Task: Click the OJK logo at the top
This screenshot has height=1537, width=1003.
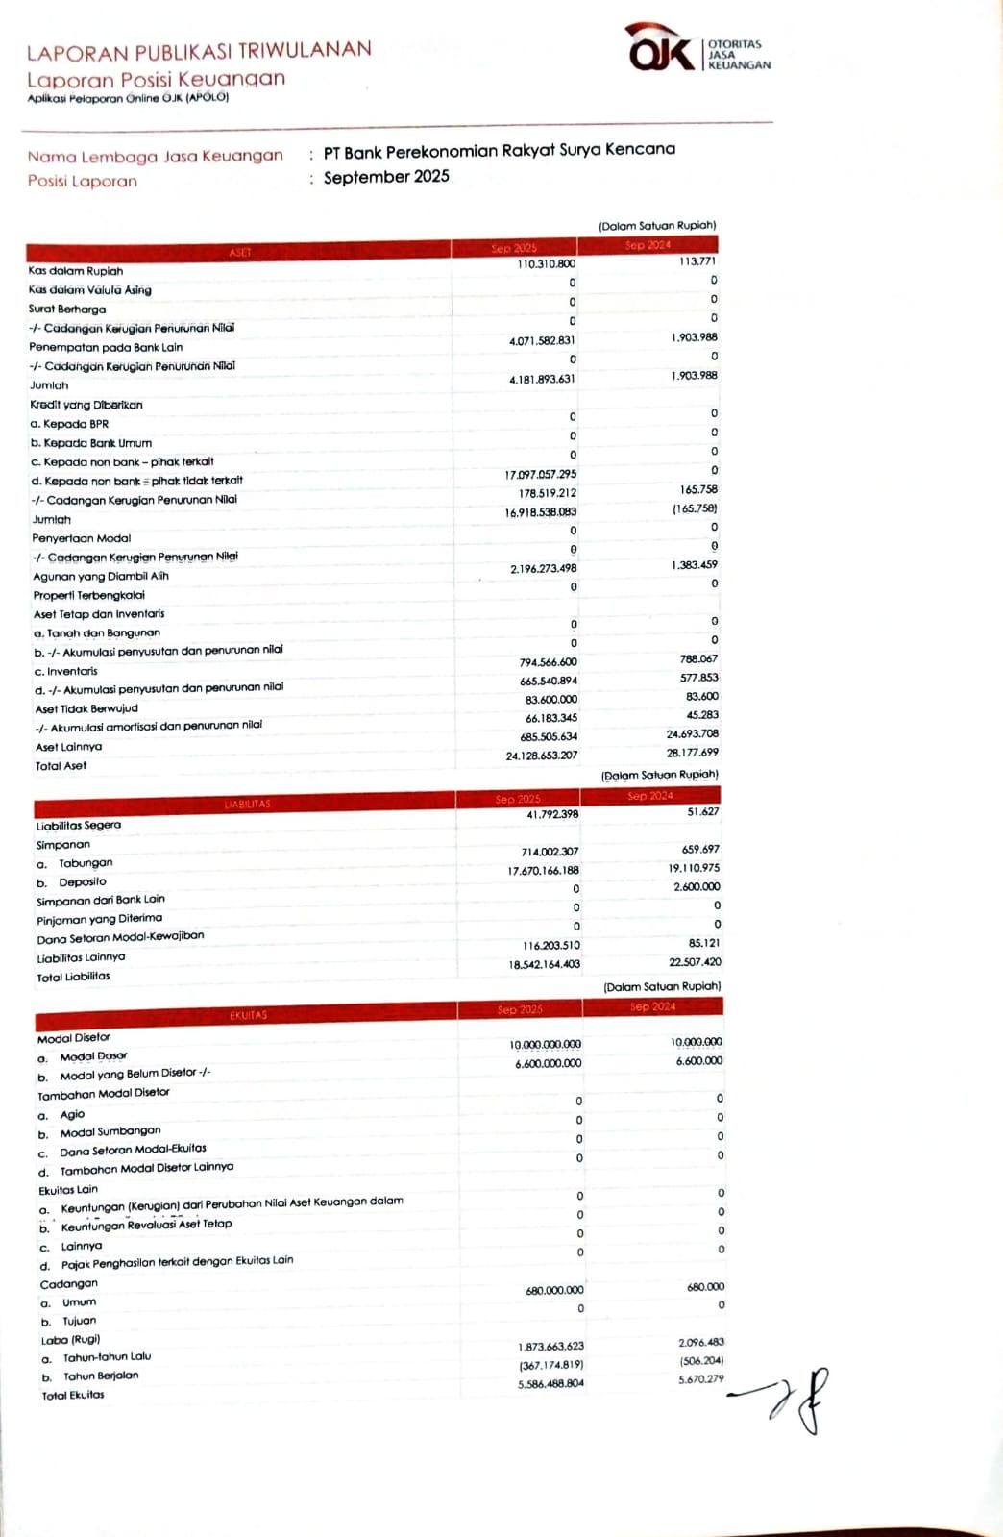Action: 660,51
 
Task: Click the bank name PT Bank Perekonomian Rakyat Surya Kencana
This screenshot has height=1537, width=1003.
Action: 499,151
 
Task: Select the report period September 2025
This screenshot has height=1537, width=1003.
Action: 386,177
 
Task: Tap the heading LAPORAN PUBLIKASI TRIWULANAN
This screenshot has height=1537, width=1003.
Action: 199,50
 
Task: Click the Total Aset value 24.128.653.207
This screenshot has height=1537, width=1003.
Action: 542,756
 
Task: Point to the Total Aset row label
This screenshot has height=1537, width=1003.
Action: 61,766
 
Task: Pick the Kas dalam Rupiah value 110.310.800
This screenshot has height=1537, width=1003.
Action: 546,264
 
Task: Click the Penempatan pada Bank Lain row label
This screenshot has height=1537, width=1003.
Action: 106,347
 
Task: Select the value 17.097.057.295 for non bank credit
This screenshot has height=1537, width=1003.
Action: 541,475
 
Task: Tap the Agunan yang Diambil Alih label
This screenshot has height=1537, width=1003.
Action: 101,576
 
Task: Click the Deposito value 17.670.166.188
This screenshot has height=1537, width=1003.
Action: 543,871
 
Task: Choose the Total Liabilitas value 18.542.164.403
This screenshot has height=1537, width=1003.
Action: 544,964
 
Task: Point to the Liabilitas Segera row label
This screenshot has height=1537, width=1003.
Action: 79,826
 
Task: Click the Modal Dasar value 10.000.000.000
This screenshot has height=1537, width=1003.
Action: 545,1045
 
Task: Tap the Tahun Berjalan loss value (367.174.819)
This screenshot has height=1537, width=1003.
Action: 550,1365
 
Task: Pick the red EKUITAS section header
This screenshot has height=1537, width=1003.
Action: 248,1015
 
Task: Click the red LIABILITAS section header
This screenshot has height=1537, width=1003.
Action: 247,804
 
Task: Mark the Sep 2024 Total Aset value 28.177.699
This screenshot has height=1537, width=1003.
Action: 692,753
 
